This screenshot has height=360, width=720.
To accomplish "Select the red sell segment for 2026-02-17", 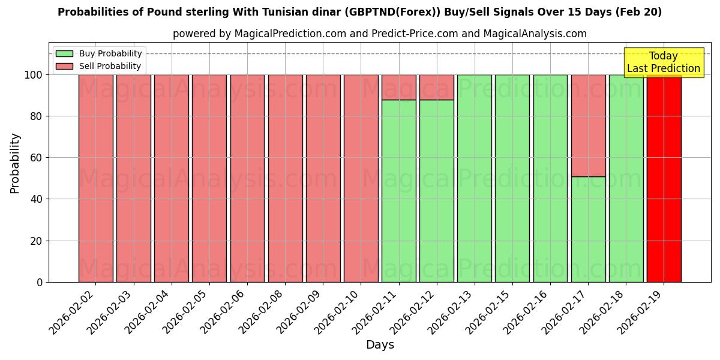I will click(x=588, y=125).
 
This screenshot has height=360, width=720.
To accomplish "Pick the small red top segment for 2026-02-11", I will click(x=398, y=87).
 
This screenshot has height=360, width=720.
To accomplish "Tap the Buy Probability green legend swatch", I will click(x=64, y=54).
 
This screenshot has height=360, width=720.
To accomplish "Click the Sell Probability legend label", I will click(x=110, y=67).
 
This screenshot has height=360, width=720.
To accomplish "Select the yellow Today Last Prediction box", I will click(x=663, y=62).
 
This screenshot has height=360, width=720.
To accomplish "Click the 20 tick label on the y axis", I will click(x=37, y=241).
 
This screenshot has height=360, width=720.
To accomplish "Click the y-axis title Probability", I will click(x=15, y=163).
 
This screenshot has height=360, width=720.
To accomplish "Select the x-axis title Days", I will click(x=380, y=345).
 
